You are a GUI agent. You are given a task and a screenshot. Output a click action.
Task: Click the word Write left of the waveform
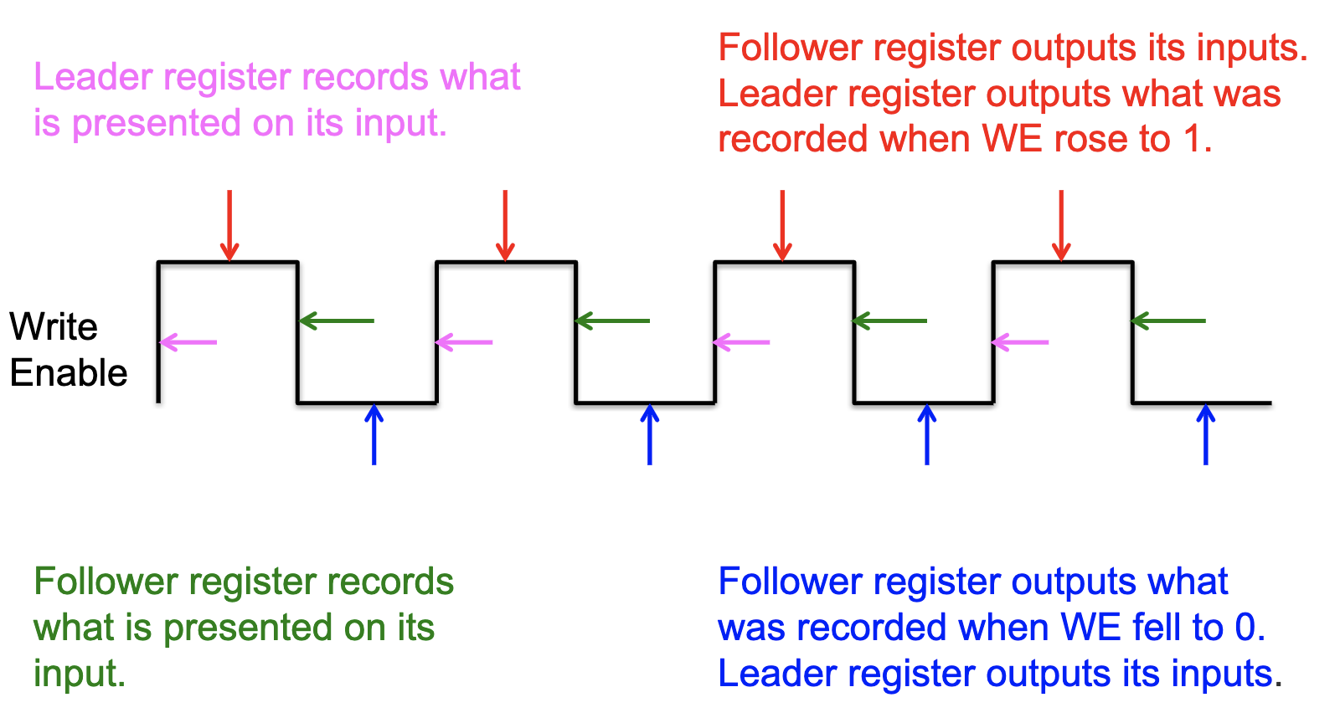pos(54,327)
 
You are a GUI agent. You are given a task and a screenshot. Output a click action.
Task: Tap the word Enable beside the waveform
pos(69,373)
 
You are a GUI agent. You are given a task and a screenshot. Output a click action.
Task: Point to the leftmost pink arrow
pos(188,342)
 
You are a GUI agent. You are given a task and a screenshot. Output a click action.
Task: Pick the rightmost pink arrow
pos(1020,342)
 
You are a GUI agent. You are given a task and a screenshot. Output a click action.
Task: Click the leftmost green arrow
pos(337,320)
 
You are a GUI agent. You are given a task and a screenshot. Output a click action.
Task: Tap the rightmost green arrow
pos(1168,320)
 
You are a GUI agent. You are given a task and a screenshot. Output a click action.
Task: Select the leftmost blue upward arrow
pos(374,434)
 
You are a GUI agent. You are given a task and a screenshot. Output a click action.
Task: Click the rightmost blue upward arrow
pos(1206,434)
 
